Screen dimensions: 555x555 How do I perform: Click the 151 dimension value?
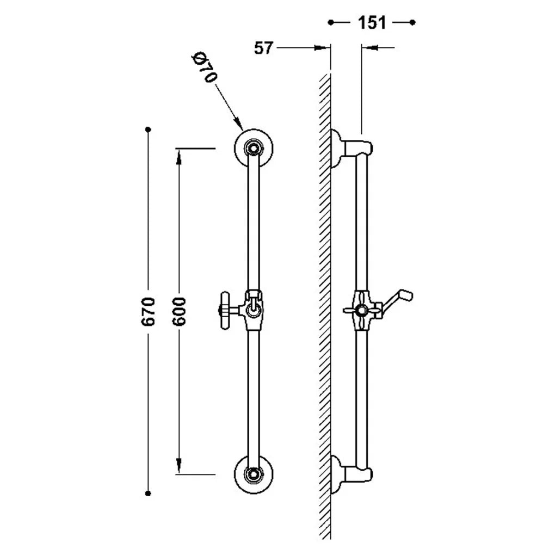[371, 23]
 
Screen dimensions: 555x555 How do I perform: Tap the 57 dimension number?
[264, 48]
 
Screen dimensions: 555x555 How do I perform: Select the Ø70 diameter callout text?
[204, 67]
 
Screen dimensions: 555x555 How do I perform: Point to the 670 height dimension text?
[148, 311]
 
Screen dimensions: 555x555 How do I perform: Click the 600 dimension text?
[178, 311]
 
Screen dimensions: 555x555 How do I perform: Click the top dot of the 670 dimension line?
[148, 129]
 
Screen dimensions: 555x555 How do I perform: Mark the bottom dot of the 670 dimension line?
[148, 493]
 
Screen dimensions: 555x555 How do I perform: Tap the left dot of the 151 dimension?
[331, 23]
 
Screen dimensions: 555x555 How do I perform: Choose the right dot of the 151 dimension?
[412, 23]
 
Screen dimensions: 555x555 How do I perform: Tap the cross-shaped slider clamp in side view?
[362, 310]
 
